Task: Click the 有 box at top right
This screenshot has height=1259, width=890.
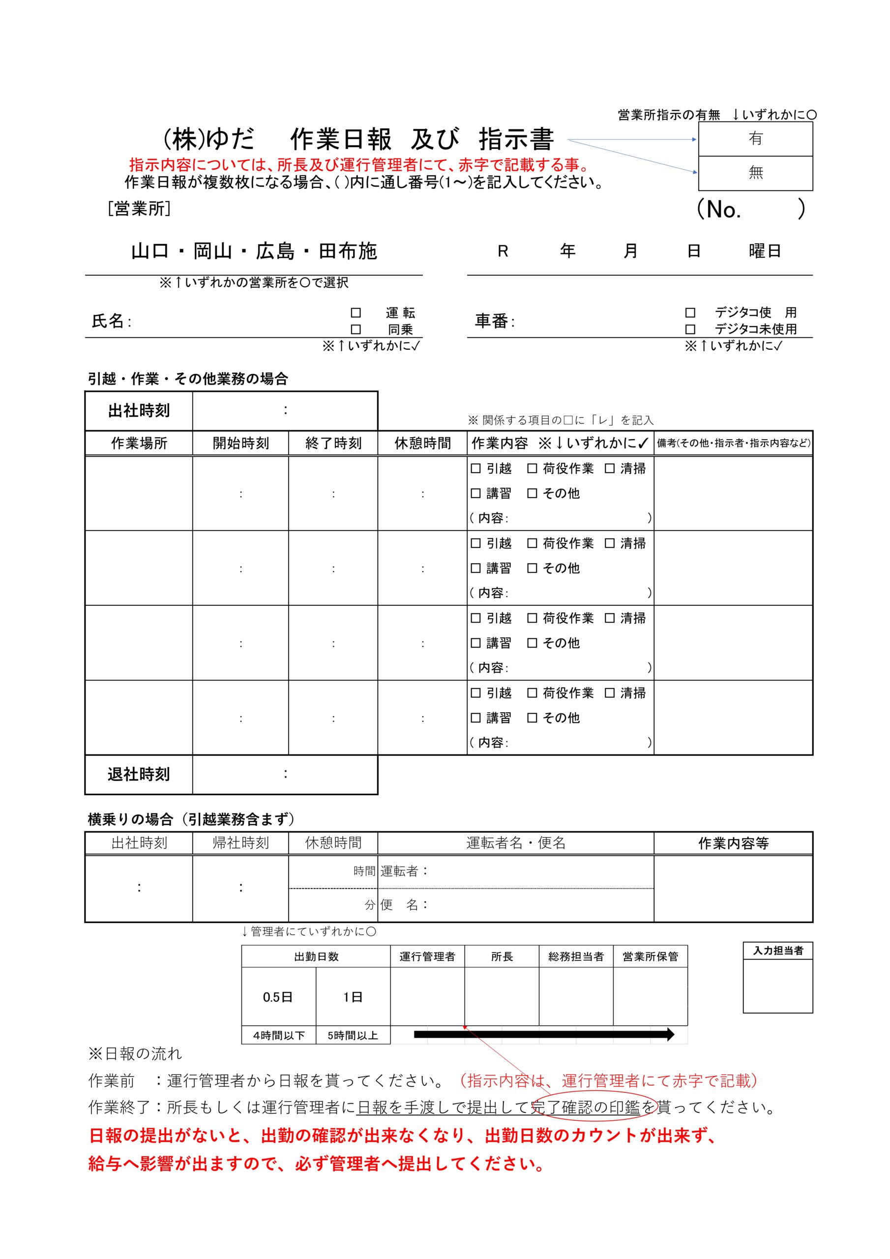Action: (x=755, y=139)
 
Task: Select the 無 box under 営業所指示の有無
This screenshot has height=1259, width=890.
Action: (x=755, y=173)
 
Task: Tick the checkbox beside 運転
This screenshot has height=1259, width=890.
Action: (x=356, y=313)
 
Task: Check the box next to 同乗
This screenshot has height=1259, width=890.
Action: (x=356, y=329)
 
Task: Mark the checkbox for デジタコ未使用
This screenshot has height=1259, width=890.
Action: (x=690, y=329)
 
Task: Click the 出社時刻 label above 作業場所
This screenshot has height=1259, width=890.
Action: (x=139, y=411)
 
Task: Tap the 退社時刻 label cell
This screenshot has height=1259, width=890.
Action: (x=139, y=774)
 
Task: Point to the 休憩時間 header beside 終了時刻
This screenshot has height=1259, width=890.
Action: (x=422, y=443)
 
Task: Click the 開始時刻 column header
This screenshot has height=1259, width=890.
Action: (x=241, y=443)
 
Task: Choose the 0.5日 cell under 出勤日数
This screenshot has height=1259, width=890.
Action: (x=278, y=997)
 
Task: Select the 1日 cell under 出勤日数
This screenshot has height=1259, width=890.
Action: (x=353, y=997)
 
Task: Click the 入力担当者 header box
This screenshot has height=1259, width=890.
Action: (x=777, y=951)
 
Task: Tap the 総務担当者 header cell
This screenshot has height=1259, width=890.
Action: (x=576, y=957)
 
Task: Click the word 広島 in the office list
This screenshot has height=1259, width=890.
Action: (x=275, y=251)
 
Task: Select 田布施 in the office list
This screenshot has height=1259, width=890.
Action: (x=348, y=251)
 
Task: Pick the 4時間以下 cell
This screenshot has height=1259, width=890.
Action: (x=279, y=1035)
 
